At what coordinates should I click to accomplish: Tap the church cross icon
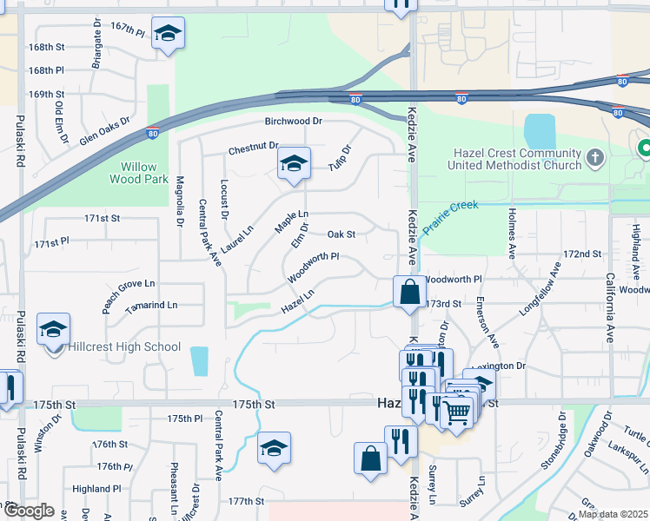[595, 158]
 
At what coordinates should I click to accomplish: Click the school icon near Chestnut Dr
[294, 164]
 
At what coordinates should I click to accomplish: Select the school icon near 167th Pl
[167, 34]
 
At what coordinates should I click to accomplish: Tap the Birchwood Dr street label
[294, 122]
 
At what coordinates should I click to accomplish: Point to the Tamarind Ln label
[151, 306]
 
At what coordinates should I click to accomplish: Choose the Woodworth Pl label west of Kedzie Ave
[313, 268]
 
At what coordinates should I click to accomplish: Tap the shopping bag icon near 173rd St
[408, 292]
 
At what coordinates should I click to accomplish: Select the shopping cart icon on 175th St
[457, 411]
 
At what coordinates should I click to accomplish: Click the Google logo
[28, 511]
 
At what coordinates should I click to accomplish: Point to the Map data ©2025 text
[614, 514]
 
